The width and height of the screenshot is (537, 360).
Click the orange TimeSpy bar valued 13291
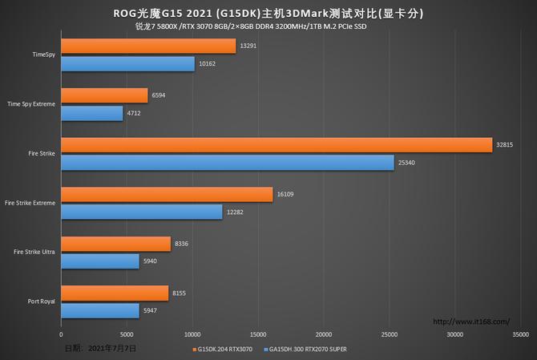pos(148,47)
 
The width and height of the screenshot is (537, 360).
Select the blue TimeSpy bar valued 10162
pos(127,64)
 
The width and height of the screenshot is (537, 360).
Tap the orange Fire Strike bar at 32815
pos(277,144)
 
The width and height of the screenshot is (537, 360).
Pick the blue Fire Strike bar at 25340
pos(228,163)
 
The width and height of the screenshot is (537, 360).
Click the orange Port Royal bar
pos(115,293)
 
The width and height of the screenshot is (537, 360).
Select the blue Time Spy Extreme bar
pos(92,113)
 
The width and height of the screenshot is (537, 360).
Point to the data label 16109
pos(287,194)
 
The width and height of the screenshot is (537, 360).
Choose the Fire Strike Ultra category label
pos(34,253)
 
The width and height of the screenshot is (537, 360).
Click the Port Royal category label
pos(40,302)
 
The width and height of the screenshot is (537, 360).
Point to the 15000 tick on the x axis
pos(258,334)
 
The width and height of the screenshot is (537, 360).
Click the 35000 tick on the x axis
pos(520,334)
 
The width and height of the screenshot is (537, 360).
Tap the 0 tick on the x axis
pos(61,334)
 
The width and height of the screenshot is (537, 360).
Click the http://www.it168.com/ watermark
pos(471,322)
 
